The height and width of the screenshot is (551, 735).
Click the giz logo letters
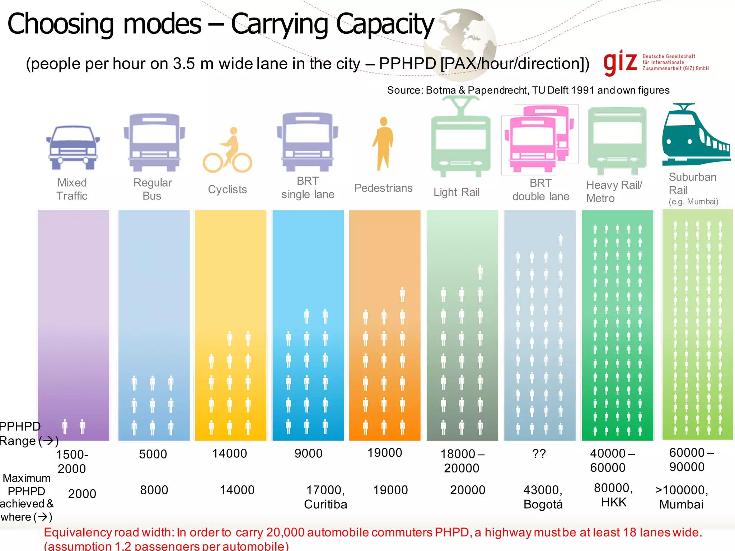620,63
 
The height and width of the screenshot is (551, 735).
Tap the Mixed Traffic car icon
73,147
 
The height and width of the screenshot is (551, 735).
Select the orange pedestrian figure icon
383,144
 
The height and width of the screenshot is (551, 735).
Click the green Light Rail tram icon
461,140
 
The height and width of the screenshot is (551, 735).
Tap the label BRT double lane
540,190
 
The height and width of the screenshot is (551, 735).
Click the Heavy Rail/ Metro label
614,192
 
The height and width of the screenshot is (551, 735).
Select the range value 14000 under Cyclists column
229,453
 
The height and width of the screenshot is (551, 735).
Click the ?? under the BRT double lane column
539,454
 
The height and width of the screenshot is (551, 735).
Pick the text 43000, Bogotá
543,497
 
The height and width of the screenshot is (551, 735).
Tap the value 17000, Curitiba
326,497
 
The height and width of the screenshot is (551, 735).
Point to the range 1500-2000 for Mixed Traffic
72,462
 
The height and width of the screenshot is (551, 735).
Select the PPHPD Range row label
25,434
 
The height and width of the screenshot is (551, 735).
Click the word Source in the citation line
403,90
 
